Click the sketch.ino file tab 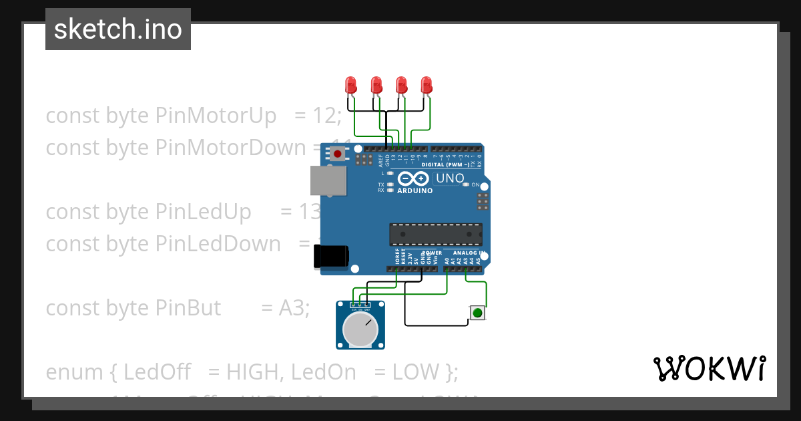(x=118, y=29)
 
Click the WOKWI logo (x=709, y=369)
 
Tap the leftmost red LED (x=351, y=85)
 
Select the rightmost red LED (x=427, y=85)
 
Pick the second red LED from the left (x=376, y=85)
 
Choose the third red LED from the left (x=401, y=85)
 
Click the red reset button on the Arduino (x=338, y=154)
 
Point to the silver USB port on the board (x=328, y=180)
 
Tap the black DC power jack (x=331, y=257)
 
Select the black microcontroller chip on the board (x=436, y=235)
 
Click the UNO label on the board (x=449, y=178)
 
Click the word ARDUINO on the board (x=415, y=190)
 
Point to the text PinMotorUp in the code (x=216, y=116)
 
